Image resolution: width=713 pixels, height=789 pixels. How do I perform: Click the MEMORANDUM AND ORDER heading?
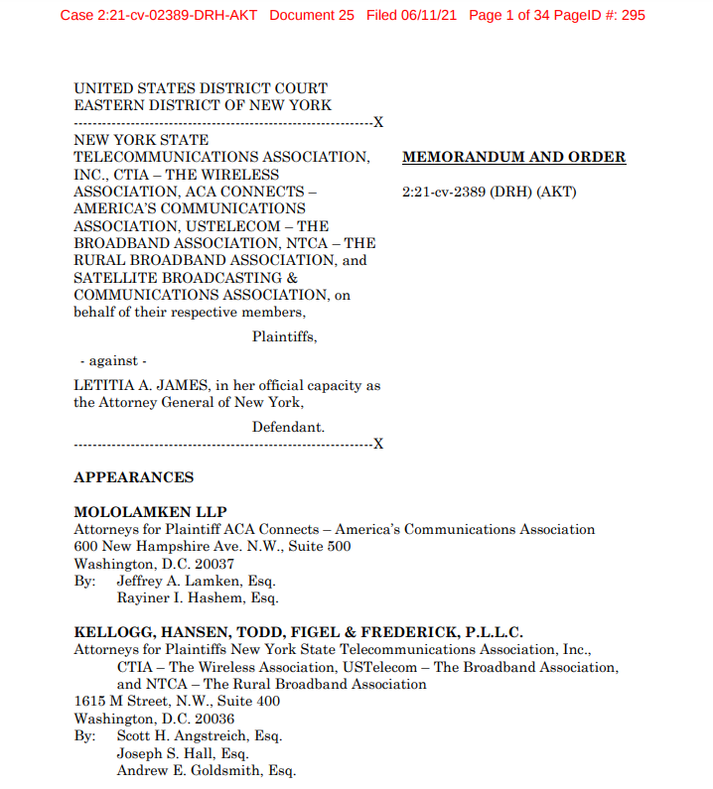point(513,157)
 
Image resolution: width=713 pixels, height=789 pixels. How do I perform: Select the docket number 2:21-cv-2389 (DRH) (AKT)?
point(489,191)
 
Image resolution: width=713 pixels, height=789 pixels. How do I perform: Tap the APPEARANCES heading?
point(133,477)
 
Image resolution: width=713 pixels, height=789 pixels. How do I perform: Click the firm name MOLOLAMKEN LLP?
point(150,512)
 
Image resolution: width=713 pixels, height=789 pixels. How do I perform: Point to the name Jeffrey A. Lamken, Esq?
point(196,581)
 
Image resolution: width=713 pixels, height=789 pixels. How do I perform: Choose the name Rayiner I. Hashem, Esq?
point(198,598)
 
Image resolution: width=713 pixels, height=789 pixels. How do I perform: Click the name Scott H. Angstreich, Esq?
point(200,735)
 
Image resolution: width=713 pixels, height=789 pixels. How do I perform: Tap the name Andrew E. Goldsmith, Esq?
point(206,770)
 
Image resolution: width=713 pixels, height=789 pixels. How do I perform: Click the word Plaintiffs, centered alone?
point(285,336)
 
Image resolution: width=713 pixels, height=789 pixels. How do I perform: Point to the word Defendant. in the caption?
point(288,427)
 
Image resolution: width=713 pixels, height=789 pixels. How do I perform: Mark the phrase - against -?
point(112,361)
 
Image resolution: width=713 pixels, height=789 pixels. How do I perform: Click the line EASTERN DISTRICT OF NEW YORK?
point(203,105)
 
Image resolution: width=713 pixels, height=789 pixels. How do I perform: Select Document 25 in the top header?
point(311,16)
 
